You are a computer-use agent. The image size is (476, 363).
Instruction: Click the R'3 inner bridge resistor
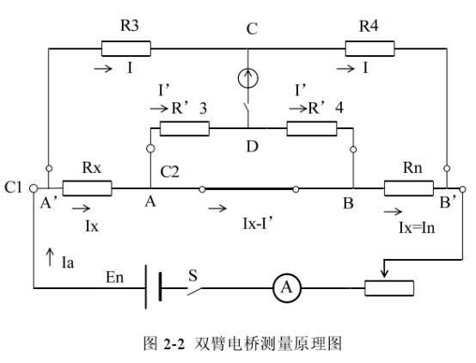pos(185,129)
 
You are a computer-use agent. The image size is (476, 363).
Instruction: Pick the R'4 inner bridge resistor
pos(311,129)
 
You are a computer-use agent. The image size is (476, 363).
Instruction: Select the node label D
pos(253,146)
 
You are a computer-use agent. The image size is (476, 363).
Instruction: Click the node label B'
pos(448,206)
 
